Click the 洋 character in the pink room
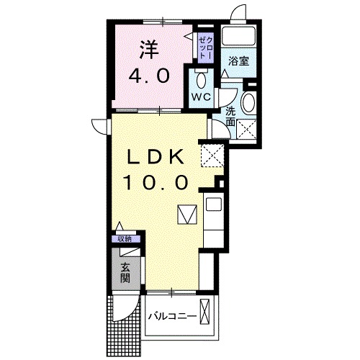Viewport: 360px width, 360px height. [148, 50]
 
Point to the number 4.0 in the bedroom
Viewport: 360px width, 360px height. [149, 76]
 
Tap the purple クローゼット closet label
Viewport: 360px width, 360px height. [204, 46]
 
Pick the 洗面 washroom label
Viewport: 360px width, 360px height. [230, 117]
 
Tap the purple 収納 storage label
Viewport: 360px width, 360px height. [125, 239]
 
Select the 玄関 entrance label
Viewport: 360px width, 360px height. [125, 272]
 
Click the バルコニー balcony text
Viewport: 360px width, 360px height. [172, 315]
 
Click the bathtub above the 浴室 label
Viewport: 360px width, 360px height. [238, 36]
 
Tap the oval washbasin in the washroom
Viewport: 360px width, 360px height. [248, 103]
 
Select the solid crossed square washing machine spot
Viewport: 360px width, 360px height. [248, 130]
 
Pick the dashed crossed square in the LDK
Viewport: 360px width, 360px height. [212, 154]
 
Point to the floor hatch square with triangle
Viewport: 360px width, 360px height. [186, 215]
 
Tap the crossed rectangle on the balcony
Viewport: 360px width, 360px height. [207, 313]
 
